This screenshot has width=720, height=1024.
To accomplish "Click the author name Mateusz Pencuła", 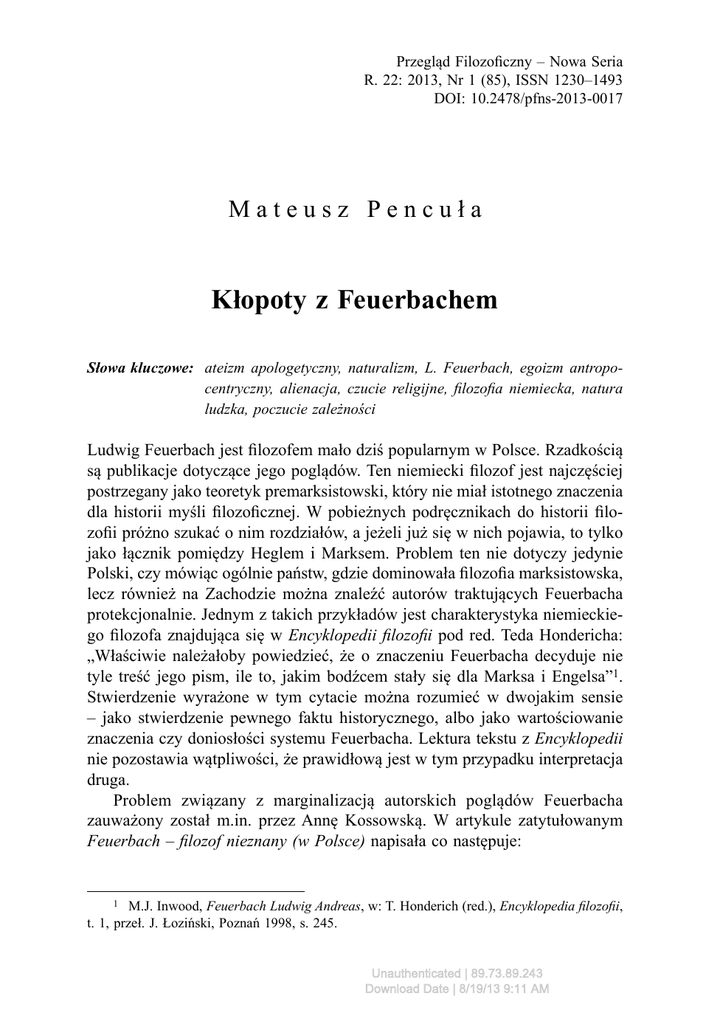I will pos(356,210).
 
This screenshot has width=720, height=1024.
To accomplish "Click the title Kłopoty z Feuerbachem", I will pos(355,300).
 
